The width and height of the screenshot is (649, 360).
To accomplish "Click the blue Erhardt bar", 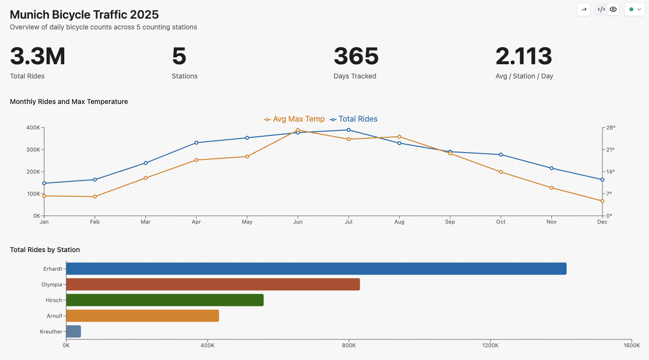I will click(x=316, y=269).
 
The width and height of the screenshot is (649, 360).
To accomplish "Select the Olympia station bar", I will click(x=213, y=284).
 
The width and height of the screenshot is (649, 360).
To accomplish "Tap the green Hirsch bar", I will click(x=165, y=300).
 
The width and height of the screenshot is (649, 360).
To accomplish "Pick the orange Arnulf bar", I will click(x=142, y=316).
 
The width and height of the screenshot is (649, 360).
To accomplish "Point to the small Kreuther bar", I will click(x=74, y=332).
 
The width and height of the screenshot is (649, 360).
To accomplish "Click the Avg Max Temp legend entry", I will click(x=294, y=119).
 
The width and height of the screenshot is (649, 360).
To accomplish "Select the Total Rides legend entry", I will click(x=354, y=119).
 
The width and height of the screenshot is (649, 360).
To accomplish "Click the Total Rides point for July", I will click(x=349, y=130).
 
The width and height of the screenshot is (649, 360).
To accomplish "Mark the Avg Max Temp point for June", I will click(x=298, y=130).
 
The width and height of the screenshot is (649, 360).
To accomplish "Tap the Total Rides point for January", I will click(x=44, y=183).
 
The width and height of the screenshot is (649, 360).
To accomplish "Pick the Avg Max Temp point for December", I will click(x=602, y=201).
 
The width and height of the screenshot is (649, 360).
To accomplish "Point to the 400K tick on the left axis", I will click(x=33, y=128).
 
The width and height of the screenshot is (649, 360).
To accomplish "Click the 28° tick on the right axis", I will click(x=611, y=128).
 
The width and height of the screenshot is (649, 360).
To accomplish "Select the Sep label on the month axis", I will click(x=450, y=222).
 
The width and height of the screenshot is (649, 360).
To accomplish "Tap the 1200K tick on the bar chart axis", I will click(x=490, y=346).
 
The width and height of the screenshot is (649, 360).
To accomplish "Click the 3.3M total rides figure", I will click(x=38, y=56).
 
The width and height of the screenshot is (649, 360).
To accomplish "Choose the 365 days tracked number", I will click(x=356, y=56).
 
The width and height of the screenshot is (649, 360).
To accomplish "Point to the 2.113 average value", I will click(x=524, y=56).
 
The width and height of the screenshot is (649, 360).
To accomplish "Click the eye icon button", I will click(x=613, y=9).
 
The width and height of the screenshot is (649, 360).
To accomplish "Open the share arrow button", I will click(x=584, y=9).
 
